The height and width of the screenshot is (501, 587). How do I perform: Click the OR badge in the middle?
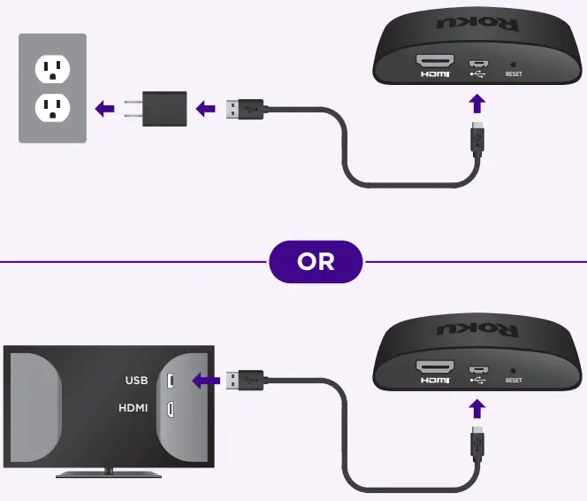click(316, 262)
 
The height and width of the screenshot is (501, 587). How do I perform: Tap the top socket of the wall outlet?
click(52, 69)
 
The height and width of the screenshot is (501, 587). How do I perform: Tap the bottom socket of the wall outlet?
click(52, 108)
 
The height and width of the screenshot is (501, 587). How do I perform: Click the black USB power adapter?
click(162, 109)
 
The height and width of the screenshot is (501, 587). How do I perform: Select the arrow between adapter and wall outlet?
click(105, 109)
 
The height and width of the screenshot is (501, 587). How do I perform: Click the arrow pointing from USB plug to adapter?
click(206, 109)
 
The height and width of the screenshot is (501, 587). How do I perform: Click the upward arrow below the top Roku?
click(477, 104)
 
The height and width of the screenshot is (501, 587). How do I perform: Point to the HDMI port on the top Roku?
click(437, 62)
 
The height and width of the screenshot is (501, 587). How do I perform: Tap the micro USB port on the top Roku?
click(477, 63)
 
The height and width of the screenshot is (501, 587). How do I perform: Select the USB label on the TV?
click(136, 382)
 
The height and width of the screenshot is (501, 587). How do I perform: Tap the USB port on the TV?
click(171, 382)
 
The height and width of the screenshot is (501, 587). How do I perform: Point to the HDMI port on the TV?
click(171, 409)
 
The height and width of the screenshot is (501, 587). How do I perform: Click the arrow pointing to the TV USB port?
click(206, 382)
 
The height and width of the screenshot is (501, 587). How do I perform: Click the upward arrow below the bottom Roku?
click(477, 409)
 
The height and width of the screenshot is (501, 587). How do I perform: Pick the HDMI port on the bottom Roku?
click(437, 367)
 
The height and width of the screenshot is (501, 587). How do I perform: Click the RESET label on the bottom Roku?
click(514, 381)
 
